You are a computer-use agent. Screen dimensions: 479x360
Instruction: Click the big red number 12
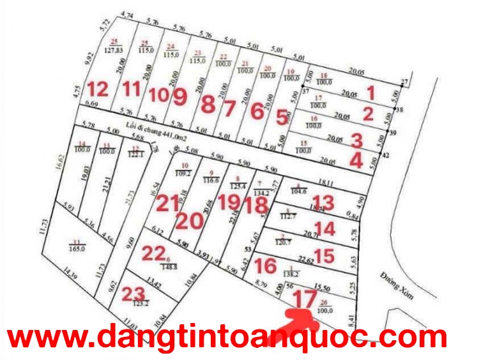click(x=98, y=89)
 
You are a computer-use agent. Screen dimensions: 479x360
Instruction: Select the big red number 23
click(x=133, y=294)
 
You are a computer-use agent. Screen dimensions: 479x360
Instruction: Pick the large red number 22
click(x=153, y=253)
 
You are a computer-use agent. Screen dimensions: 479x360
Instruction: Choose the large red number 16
click(x=265, y=265)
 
